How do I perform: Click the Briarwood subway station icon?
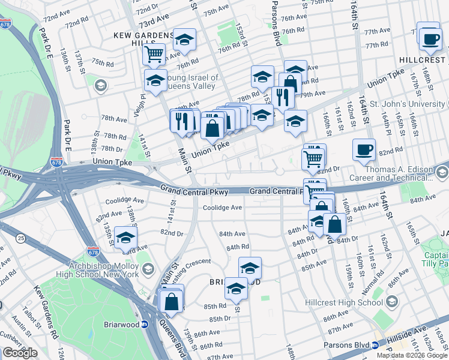(145, 325)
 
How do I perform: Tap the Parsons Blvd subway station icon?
(375, 345)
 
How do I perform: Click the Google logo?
(20, 353)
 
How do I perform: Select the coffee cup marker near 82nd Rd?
(363, 150)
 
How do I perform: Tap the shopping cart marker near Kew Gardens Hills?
(155, 55)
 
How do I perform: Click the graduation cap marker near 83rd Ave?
(125, 238)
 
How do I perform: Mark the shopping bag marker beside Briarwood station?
(172, 301)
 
